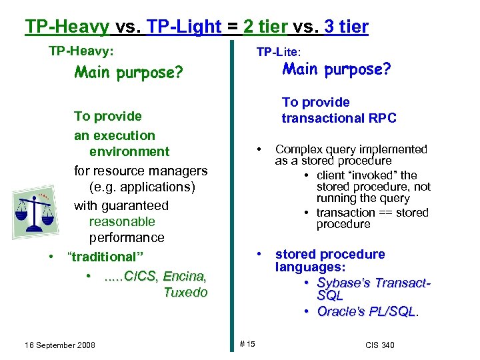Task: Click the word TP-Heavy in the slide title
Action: click(x=67, y=27)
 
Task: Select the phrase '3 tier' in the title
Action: click(x=345, y=27)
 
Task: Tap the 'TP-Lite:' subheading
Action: click(x=279, y=51)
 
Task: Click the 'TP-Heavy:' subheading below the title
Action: click(x=81, y=51)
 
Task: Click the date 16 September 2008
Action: click(x=60, y=345)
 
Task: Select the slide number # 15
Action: click(x=247, y=344)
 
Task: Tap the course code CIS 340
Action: click(x=380, y=345)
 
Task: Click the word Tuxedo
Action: click(x=185, y=292)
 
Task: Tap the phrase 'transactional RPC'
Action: click(x=339, y=118)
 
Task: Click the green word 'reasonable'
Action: click(x=122, y=221)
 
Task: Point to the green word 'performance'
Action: click(x=127, y=237)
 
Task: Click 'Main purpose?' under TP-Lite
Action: click(x=337, y=69)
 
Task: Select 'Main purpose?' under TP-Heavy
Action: click(x=129, y=71)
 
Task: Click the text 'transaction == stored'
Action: click(x=372, y=213)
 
